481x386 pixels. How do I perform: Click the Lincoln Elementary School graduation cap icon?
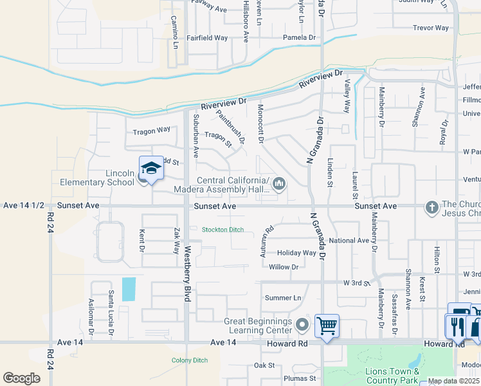pyautogui.click(x=150, y=169)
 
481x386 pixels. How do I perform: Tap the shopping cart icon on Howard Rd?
pyautogui.click(x=327, y=326)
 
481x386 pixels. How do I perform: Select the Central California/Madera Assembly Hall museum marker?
pyautogui.click(x=279, y=185)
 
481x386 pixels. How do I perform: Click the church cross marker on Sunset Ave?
pyautogui.click(x=431, y=207)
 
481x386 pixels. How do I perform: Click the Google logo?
pyautogui.click(x=21, y=378)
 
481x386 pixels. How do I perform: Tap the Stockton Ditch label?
pyautogui.click(x=222, y=230)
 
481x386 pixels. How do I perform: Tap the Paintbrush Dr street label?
pyautogui.click(x=230, y=126)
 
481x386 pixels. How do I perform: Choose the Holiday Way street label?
pyautogui.click(x=296, y=253)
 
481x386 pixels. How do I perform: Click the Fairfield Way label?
pyautogui.click(x=207, y=38)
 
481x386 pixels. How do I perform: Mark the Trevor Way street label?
pyautogui.click(x=431, y=28)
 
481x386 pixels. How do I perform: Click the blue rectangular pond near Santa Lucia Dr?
pyautogui.click(x=129, y=289)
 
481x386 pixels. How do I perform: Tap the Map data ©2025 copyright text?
pyautogui.click(x=453, y=381)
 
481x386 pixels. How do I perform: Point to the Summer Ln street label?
pyautogui.click(x=283, y=298)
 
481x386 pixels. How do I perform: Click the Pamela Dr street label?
pyautogui.click(x=300, y=38)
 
